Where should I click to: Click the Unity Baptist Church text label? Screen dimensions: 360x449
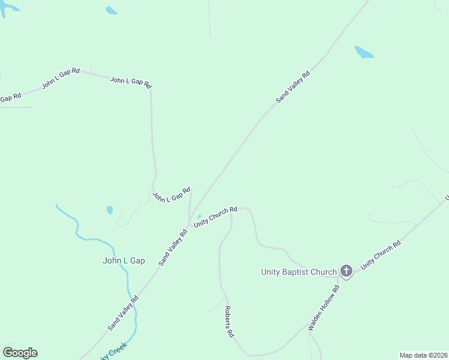click(x=298, y=272)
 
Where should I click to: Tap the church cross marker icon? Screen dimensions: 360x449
click(x=346, y=271)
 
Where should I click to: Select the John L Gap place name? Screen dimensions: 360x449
click(x=124, y=260)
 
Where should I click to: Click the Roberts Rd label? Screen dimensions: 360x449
click(x=229, y=322)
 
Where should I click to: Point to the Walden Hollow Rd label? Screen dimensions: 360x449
click(x=324, y=308)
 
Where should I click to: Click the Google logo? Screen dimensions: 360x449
click(x=20, y=353)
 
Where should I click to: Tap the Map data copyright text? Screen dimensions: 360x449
click(x=423, y=355)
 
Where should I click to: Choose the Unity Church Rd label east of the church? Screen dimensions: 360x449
click(x=381, y=256)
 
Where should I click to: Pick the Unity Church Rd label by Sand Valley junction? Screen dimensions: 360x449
click(x=215, y=217)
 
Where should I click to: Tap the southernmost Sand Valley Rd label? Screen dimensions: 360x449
click(x=123, y=312)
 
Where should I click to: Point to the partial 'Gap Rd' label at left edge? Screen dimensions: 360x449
click(x=10, y=97)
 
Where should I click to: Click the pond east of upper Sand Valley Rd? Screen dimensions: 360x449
click(x=364, y=52)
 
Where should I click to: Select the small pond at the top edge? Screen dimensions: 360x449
click(x=112, y=10)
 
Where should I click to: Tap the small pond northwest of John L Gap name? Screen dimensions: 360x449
click(x=109, y=210)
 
